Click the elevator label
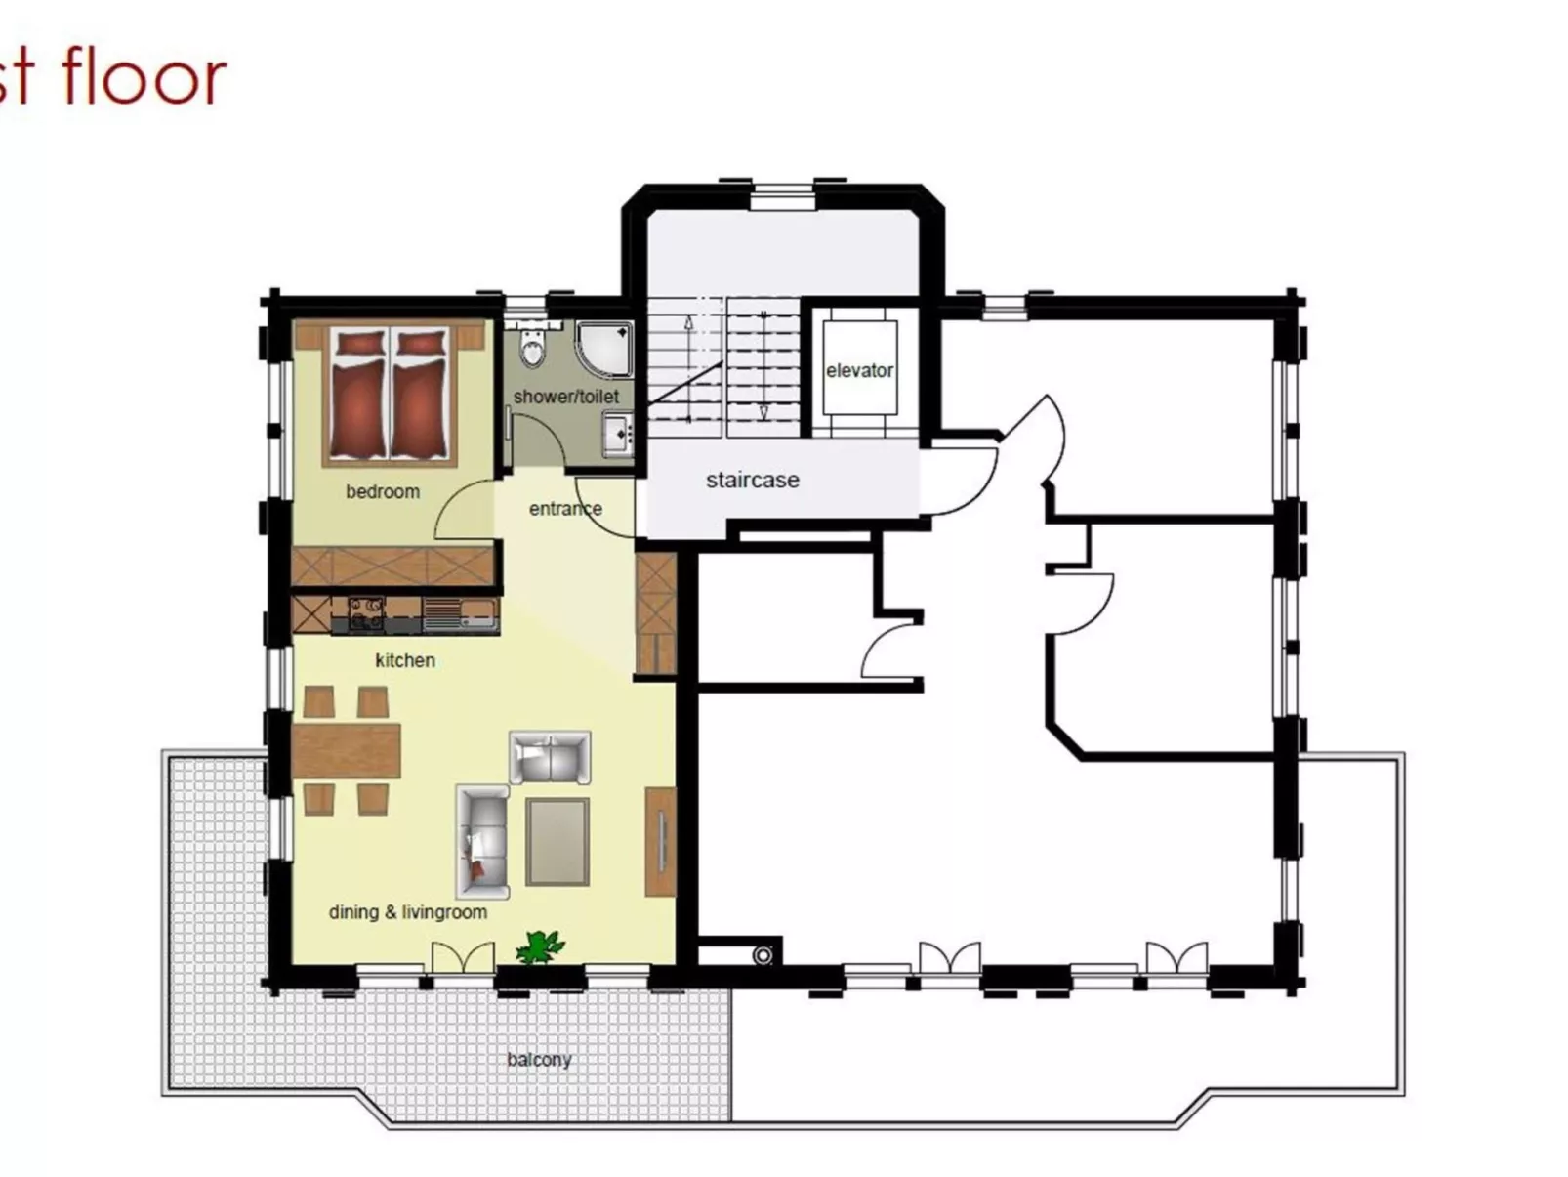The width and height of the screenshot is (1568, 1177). (x=859, y=370)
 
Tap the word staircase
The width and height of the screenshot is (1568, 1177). (x=752, y=480)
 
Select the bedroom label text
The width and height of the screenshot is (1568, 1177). (x=383, y=491)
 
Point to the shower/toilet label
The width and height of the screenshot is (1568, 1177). (x=566, y=397)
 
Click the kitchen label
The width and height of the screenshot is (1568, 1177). (x=404, y=660)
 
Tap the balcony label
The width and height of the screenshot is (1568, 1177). (x=539, y=1059)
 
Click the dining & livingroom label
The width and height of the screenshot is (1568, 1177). (x=407, y=912)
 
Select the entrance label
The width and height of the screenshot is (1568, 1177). (x=565, y=508)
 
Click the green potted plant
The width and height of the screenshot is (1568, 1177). (x=539, y=946)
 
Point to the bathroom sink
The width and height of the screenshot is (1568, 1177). (x=618, y=433)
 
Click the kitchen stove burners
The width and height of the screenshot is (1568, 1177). (x=366, y=612)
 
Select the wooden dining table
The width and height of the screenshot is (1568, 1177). (x=347, y=750)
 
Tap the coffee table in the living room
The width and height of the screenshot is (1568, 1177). (x=557, y=841)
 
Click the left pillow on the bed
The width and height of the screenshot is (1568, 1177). (x=358, y=344)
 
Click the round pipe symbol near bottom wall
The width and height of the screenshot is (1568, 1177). (x=763, y=954)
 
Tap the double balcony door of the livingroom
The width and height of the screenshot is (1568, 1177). (x=463, y=956)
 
